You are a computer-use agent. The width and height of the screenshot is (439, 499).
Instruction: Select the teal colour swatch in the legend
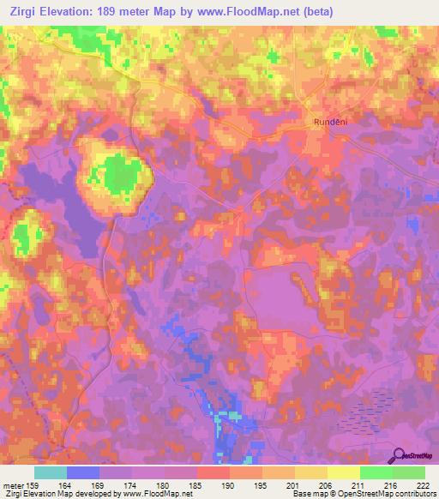coord(51,472)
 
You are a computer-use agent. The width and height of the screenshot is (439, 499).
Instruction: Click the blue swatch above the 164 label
coord(83,472)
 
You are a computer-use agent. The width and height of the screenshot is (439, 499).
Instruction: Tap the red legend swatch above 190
coord(213,472)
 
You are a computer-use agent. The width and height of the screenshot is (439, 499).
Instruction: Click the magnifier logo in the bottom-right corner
coord(398,457)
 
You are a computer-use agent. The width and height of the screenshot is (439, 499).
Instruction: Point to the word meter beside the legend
coord(13,484)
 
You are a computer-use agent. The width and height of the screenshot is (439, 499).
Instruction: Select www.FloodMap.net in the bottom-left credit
coord(155,494)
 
